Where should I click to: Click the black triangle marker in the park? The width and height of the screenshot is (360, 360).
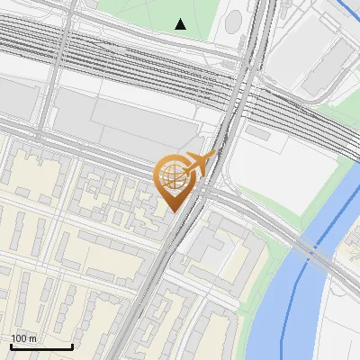181,24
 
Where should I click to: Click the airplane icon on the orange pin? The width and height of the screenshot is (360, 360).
203,163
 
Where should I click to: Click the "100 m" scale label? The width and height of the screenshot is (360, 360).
23,337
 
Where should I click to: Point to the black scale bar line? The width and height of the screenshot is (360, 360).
41,346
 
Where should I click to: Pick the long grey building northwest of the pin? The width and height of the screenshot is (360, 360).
126,121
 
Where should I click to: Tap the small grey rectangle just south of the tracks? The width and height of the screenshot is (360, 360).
258,133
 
